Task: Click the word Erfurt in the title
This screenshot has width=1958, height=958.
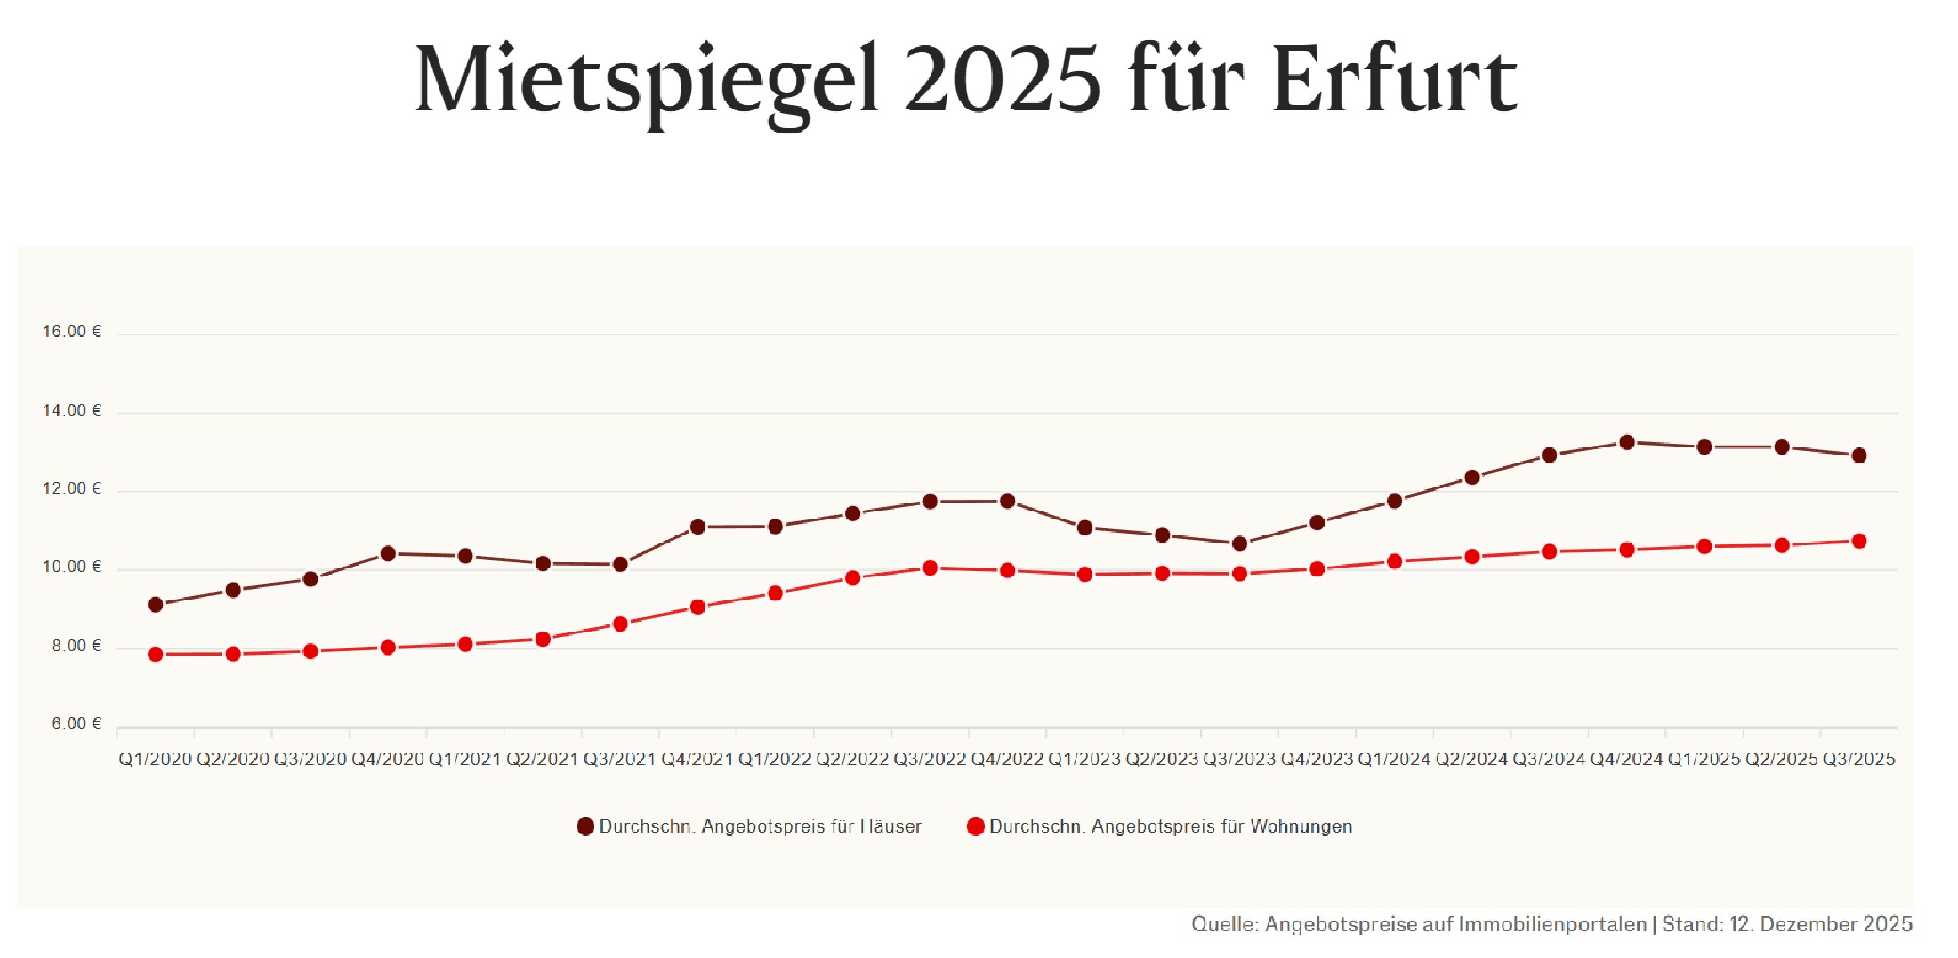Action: pyautogui.click(x=1394, y=82)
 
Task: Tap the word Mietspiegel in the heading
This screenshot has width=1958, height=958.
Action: pyautogui.click(x=647, y=82)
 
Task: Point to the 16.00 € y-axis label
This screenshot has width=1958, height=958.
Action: pyautogui.click(x=72, y=332)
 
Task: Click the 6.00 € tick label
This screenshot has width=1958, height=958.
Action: pyautogui.click(x=77, y=724)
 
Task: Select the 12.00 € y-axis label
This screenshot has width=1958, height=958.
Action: pyautogui.click(x=72, y=488)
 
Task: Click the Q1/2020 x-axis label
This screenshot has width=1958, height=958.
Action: pyautogui.click(x=156, y=760)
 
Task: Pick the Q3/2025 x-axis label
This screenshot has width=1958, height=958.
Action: pyautogui.click(x=1858, y=760)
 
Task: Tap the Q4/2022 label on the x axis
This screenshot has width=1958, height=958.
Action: pyautogui.click(x=1007, y=760)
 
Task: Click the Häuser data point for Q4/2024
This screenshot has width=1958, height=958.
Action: pyautogui.click(x=1627, y=442)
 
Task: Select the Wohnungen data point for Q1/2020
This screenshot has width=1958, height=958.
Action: pyautogui.click(x=156, y=655)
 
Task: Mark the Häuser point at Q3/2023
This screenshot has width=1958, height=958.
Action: pyautogui.click(x=1239, y=543)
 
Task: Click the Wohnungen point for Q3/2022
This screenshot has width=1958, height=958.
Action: pyautogui.click(x=930, y=568)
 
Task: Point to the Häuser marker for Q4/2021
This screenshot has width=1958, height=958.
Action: pyautogui.click(x=697, y=527)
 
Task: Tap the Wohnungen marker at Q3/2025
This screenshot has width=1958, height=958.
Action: pyautogui.click(x=1858, y=541)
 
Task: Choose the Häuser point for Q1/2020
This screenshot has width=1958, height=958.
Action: pyautogui.click(x=156, y=605)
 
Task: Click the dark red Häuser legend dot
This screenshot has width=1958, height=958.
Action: pyautogui.click(x=585, y=827)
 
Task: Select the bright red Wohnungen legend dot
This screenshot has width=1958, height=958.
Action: pyautogui.click(x=975, y=827)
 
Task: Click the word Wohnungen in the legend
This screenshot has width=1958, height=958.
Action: pyautogui.click(x=1301, y=827)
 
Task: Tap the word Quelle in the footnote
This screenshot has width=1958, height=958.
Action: pyautogui.click(x=1224, y=925)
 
